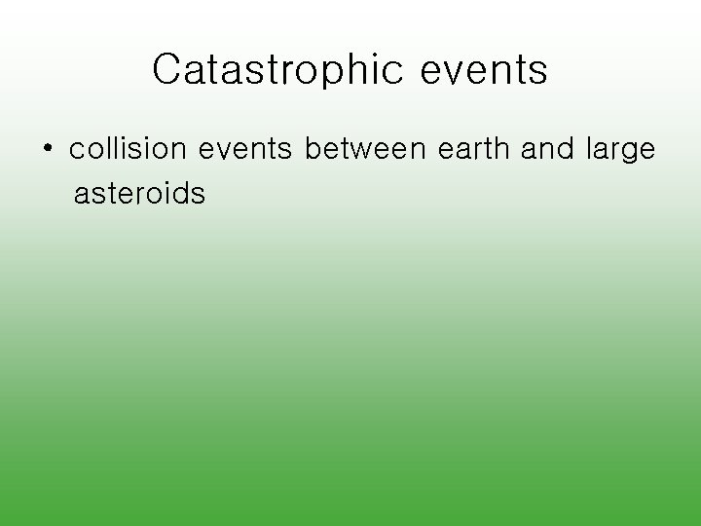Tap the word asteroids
click(139, 194)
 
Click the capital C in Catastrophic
click(167, 70)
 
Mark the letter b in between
click(314, 149)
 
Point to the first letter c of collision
click(77, 152)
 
